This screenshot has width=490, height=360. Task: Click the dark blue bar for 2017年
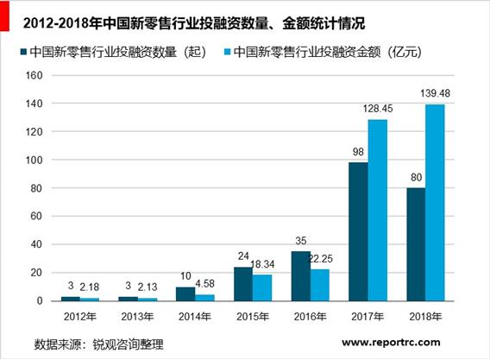357,231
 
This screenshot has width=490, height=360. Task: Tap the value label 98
355,153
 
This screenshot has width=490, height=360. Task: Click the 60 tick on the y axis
35,217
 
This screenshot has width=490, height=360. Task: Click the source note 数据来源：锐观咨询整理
103,343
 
